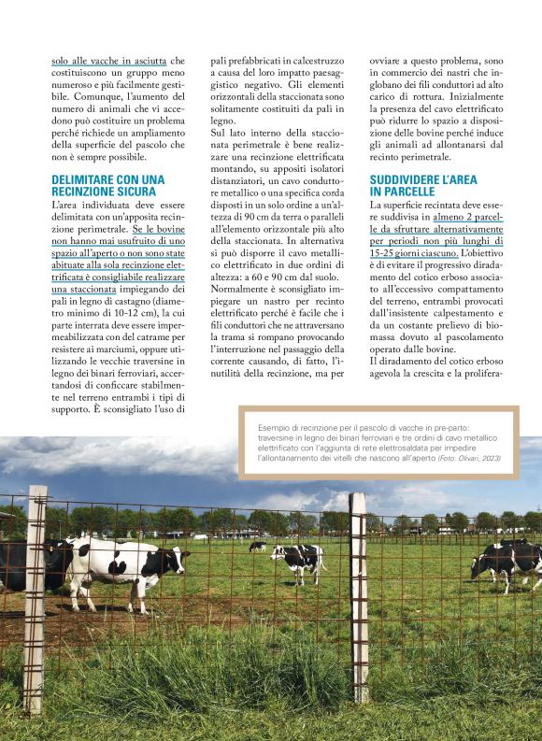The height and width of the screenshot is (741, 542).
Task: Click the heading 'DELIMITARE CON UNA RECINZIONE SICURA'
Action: tap(107, 184)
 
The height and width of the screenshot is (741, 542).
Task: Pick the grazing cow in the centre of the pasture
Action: tap(297, 563)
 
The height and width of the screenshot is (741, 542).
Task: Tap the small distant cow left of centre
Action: tap(257, 547)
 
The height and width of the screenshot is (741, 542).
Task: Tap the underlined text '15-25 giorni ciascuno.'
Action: tap(414, 252)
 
